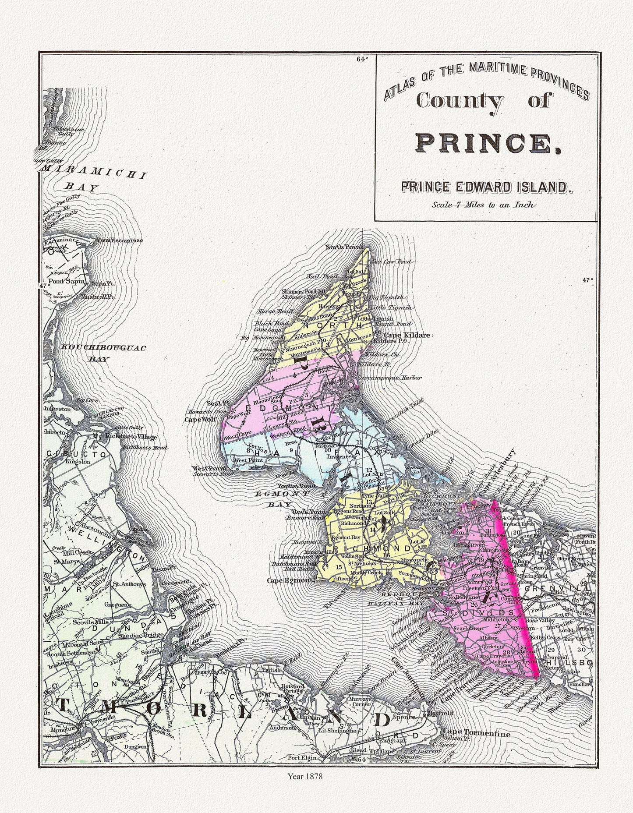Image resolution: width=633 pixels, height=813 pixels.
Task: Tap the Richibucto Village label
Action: [x=131, y=437]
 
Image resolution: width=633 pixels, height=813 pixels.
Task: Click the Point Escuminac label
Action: [x=112, y=240]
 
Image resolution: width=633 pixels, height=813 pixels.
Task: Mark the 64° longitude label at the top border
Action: [x=362, y=59]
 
